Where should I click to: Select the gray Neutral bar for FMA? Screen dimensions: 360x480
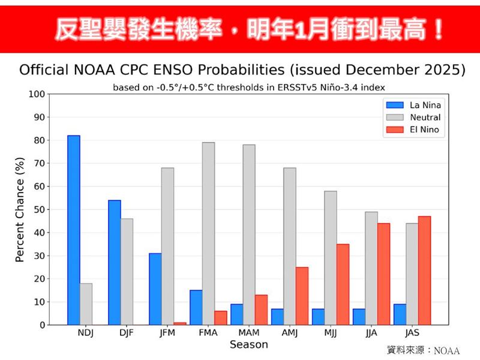(x=208, y=233)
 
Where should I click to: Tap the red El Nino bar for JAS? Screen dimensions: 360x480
(x=424, y=271)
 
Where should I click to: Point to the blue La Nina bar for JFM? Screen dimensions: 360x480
(x=155, y=289)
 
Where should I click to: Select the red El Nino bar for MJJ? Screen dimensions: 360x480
(x=343, y=284)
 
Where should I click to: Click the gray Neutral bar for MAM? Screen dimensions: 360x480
(x=248, y=235)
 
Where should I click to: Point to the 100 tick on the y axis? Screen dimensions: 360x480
(x=37, y=94)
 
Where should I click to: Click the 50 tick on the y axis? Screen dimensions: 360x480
(x=39, y=209)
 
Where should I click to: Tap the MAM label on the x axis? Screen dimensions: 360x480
(x=248, y=334)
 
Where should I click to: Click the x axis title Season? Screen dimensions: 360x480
(x=248, y=345)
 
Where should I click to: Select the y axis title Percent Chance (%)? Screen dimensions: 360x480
(x=19, y=209)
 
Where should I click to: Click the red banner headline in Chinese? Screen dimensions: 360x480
(x=240, y=28)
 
